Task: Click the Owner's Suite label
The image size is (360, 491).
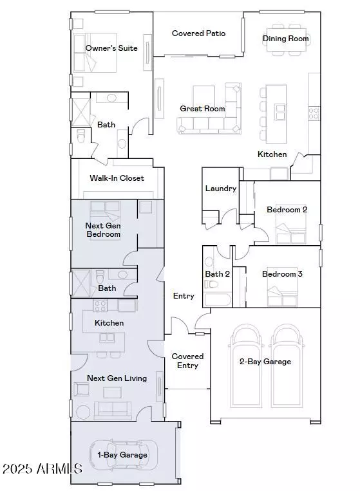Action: (111, 48)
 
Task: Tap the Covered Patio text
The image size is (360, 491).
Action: (198, 33)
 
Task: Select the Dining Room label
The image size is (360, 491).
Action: (286, 39)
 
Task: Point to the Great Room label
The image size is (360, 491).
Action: (202, 109)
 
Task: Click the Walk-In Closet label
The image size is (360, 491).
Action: (117, 178)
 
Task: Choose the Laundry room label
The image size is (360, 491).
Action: (220, 189)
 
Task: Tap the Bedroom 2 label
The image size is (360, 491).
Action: (287, 210)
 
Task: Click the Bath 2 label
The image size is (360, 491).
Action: (218, 274)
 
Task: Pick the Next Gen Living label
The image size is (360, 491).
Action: (117, 378)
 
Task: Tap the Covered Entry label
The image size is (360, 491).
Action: (187, 361)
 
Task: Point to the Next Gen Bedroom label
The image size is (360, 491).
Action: (103, 230)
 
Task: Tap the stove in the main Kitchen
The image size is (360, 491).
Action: (314, 114)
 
